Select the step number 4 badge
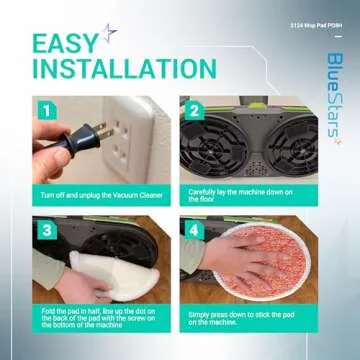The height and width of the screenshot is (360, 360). tap(194, 229)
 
